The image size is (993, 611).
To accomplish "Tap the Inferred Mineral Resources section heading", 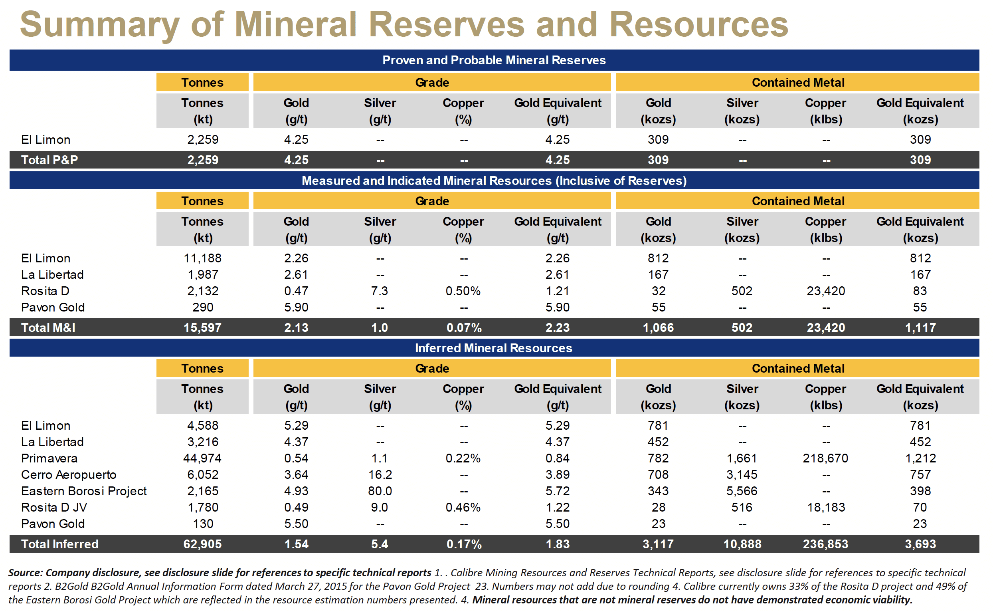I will (x=493, y=348).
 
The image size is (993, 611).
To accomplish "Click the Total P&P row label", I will (x=49, y=160).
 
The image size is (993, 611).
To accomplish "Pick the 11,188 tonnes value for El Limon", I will (x=202, y=258).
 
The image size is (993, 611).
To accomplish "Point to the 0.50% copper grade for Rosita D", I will (x=463, y=291).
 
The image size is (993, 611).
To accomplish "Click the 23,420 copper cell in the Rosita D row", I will (x=825, y=291).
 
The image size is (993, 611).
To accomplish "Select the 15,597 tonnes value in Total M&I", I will (x=202, y=327).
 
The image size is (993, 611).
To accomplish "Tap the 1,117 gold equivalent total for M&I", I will (x=920, y=327).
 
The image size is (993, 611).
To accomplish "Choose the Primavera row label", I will (x=49, y=458).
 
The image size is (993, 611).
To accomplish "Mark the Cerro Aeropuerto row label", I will (x=69, y=474).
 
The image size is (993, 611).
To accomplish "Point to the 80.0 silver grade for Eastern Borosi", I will (x=380, y=491).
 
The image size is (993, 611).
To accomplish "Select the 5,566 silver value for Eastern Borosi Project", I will (x=742, y=491).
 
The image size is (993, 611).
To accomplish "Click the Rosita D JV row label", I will (x=54, y=507).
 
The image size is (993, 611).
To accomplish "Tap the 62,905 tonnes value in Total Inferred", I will (x=202, y=544).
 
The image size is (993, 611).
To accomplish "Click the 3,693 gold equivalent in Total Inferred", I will (x=920, y=544).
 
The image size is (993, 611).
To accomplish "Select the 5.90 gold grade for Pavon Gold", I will (x=296, y=307).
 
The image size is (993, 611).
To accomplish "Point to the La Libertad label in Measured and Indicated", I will (x=53, y=275).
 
